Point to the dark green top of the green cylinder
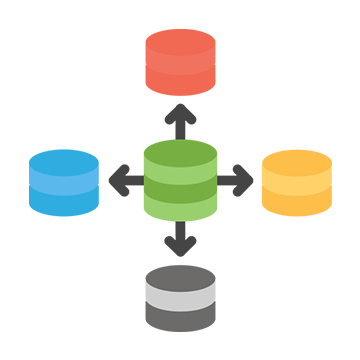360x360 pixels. click(x=180, y=140)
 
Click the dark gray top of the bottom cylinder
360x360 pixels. click(x=180, y=264)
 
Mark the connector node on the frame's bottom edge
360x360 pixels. click(x=180, y=241)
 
